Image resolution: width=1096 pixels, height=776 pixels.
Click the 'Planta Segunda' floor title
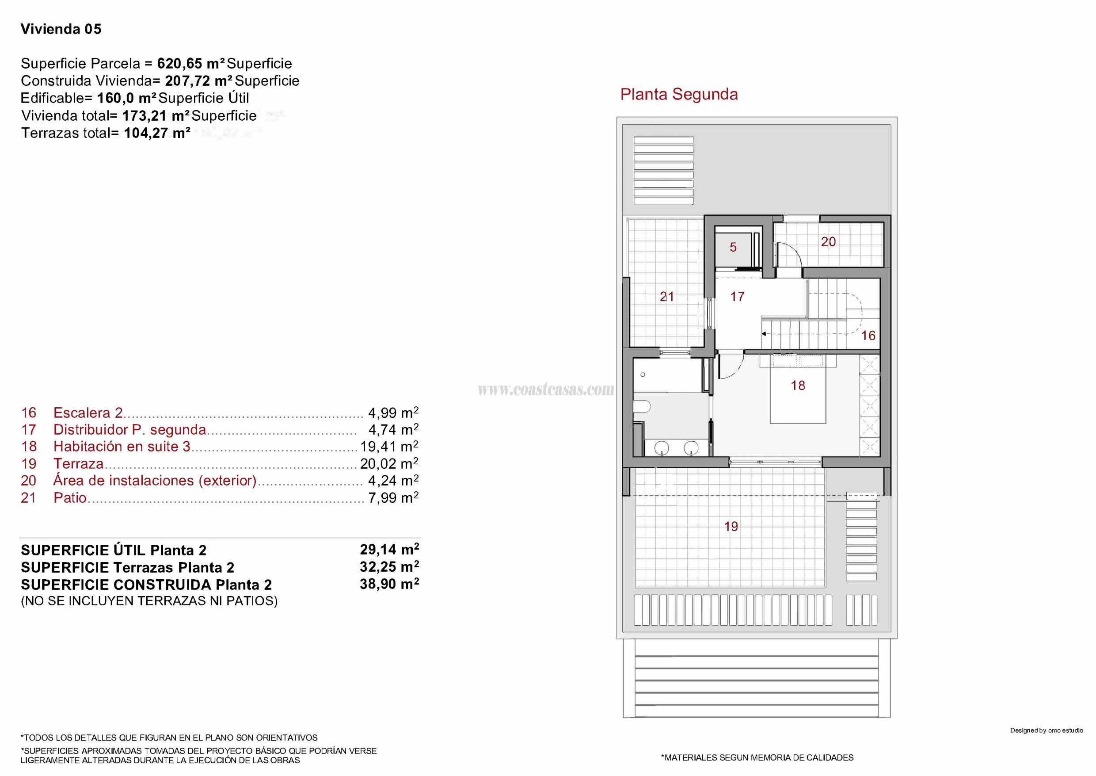(679, 95)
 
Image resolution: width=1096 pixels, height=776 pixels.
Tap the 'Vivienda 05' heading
(61, 29)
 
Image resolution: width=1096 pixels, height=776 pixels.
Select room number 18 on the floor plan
(798, 385)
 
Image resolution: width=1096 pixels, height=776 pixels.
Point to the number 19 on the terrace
(731, 527)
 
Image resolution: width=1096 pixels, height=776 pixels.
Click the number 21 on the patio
(667, 297)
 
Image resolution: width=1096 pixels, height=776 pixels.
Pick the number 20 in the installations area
(828, 242)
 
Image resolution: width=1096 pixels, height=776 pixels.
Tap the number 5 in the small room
(733, 247)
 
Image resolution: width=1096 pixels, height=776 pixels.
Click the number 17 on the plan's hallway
(737, 297)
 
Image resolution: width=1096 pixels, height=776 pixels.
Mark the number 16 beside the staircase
(868, 336)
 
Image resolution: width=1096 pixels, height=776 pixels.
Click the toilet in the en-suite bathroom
(641, 407)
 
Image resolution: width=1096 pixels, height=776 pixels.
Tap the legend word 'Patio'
(70, 498)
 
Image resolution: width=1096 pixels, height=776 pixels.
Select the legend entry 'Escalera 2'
(88, 413)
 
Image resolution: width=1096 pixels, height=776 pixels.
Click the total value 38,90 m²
(389, 584)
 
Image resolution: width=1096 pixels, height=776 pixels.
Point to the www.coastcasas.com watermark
(546, 390)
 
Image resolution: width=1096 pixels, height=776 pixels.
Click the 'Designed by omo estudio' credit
(1047, 730)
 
